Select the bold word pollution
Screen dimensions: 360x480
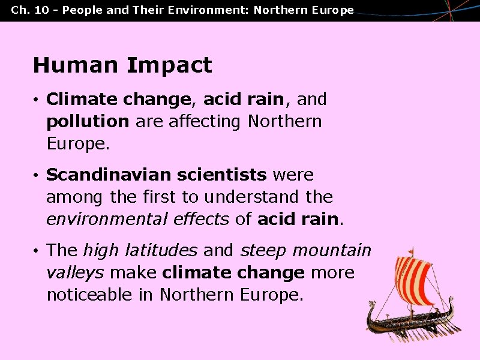coord(88,121)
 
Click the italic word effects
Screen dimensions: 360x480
coord(202,219)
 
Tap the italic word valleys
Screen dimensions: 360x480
coord(75,272)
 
